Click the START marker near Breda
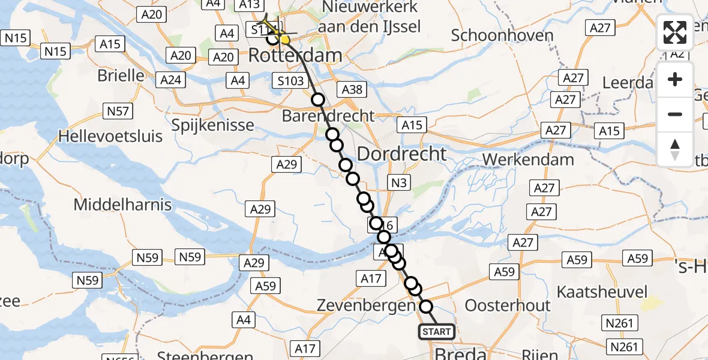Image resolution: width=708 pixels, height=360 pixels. pos(436,332)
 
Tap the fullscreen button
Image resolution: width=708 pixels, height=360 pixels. pos(675,32)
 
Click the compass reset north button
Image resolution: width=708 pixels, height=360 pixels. pos(675,149)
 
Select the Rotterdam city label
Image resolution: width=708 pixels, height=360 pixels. pos(295,56)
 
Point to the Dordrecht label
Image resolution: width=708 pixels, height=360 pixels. pos(401,154)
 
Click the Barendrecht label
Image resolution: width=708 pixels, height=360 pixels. pos(328,116)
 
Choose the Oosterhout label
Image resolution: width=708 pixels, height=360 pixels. pos(508,305)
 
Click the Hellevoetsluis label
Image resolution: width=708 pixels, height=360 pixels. pos(110,136)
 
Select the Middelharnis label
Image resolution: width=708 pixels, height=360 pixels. pos(122,205)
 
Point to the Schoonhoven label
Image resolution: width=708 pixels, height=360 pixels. pos(502,35)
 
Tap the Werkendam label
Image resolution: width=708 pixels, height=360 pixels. pos(528,160)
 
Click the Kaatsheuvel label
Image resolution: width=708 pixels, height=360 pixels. pos(602,292)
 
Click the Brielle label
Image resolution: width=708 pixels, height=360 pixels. pos(122,76)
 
